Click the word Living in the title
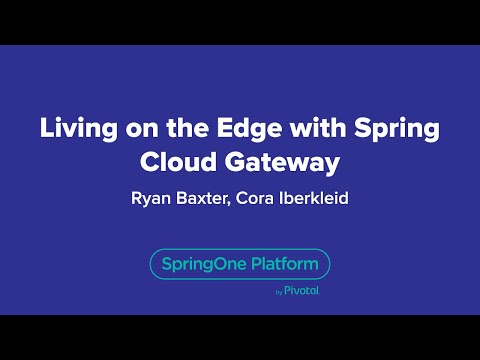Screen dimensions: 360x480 click(x=74, y=130)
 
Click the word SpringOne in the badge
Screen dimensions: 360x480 click(x=200, y=265)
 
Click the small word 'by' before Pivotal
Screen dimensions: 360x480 click(x=278, y=293)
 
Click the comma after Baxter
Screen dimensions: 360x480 click(x=232, y=202)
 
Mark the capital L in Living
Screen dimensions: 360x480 click(x=45, y=130)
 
